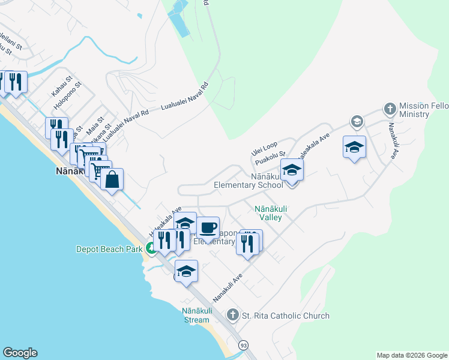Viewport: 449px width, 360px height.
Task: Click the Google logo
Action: [20, 353]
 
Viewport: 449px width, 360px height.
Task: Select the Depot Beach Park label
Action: [109, 249]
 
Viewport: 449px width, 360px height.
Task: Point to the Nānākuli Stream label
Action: [196, 315]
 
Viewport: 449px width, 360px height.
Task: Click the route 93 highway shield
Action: [243, 346]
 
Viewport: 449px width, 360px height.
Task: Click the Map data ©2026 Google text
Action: [411, 355]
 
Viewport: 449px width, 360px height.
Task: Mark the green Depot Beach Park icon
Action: [151, 248]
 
